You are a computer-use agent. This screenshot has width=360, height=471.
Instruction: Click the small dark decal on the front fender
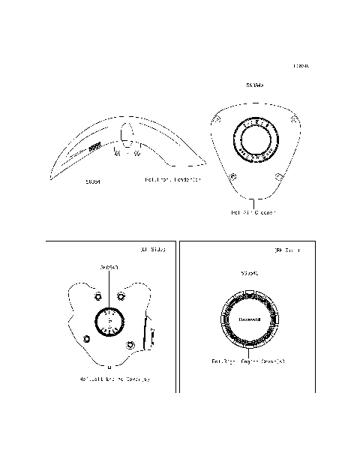pos(94,148)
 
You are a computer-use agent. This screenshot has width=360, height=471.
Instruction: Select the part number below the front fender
pos(94,181)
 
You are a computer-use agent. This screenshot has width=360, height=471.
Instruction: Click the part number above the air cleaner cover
pos(254,85)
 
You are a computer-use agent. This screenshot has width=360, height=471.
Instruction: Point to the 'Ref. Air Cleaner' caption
pos(253,213)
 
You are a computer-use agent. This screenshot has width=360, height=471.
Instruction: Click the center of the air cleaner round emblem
pos(254,137)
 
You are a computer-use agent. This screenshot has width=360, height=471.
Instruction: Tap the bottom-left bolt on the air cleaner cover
pos(233,177)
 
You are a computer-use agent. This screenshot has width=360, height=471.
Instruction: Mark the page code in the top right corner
pos(302,66)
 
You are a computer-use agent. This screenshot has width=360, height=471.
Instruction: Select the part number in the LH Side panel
pos(109,268)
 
